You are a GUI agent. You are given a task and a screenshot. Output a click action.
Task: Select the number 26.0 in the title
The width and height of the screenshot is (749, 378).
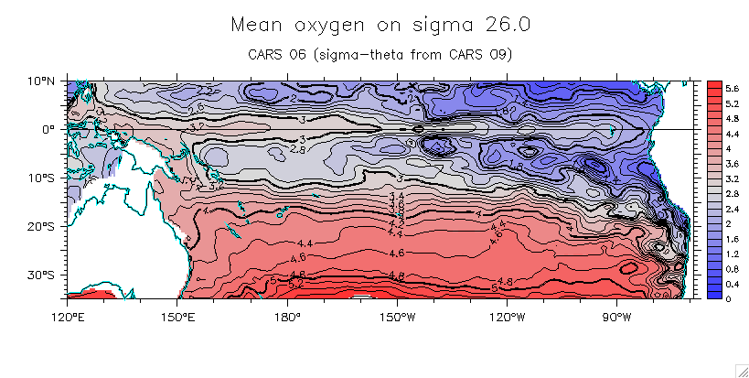[496, 24]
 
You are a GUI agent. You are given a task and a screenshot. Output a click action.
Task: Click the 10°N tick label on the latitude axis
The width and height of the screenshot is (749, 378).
[40, 81]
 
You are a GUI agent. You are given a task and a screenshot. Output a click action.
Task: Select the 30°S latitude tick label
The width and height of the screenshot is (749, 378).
[40, 275]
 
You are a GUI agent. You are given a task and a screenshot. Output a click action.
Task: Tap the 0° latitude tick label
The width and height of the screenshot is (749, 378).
[48, 130]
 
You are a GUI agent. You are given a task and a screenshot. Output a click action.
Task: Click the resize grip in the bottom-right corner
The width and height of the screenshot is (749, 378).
[742, 371]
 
